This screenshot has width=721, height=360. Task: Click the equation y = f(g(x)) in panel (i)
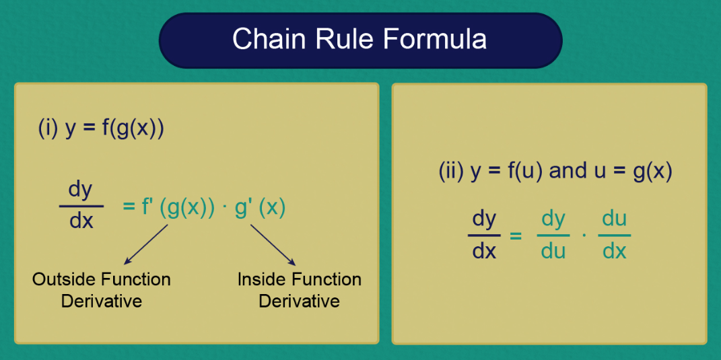coord(114,128)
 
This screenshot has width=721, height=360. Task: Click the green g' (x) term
coord(260,207)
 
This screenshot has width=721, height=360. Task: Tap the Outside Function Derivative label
coord(101,289)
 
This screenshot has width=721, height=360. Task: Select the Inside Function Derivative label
coord(300,289)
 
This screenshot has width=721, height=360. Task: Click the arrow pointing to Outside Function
coord(145,244)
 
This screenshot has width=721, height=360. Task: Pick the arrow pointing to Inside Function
coord(273,244)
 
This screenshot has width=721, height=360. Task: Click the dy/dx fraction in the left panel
coord(81,205)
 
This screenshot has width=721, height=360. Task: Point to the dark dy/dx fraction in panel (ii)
coord(484,235)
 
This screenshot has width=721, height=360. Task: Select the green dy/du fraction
coord(553,235)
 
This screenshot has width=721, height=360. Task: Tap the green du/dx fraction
coord(614,235)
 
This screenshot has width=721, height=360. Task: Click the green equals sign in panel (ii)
coord(516,236)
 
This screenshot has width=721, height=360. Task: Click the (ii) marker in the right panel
coord(450,171)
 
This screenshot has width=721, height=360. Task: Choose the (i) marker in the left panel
coord(48,128)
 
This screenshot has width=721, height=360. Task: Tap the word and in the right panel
coord(568,171)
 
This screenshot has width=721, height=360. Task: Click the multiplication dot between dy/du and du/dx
coord(584,236)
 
